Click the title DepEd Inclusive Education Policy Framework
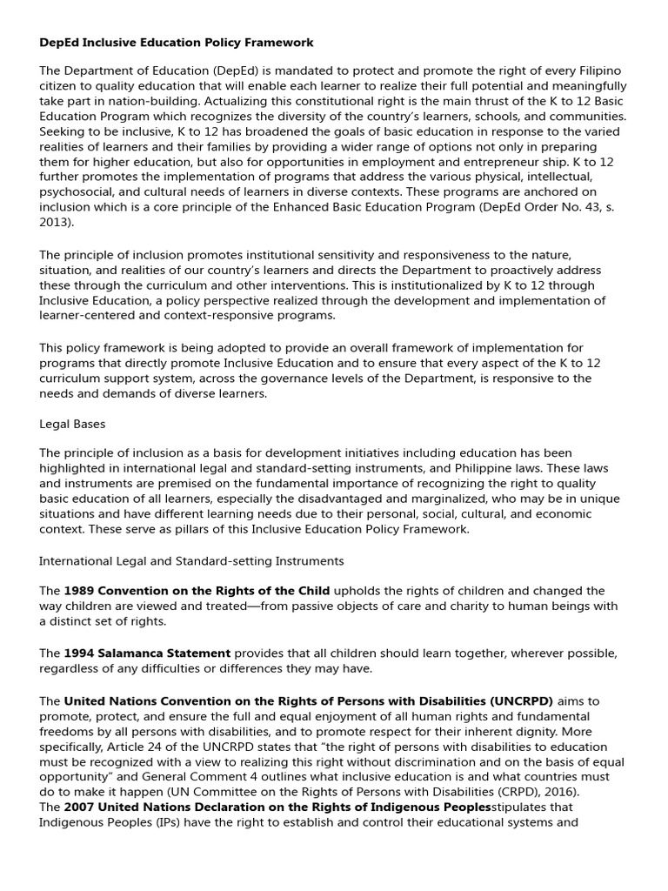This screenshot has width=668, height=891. click(x=177, y=42)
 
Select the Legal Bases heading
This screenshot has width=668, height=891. click(x=71, y=424)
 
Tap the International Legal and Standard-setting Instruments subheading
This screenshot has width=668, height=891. click(x=191, y=560)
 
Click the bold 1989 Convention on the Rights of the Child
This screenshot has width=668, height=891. click(x=197, y=591)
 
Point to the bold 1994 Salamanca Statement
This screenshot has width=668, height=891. click(x=147, y=653)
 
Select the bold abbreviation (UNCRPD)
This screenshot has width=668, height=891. click(x=522, y=700)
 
